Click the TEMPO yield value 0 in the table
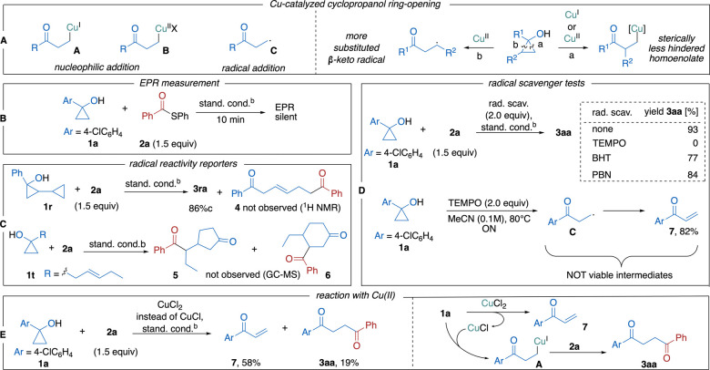point(695,143)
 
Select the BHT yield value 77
point(693,159)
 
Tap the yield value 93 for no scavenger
point(693,129)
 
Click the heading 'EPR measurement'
point(180,83)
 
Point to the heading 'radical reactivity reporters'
point(183,164)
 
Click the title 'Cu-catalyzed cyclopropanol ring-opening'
point(354,5)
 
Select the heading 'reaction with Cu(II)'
point(354,295)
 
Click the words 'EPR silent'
point(285,112)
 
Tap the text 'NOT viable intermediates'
point(619,275)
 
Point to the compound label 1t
point(29,275)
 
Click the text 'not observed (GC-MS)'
point(253,275)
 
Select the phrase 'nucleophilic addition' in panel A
point(96,67)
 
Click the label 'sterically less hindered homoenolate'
point(676,48)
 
